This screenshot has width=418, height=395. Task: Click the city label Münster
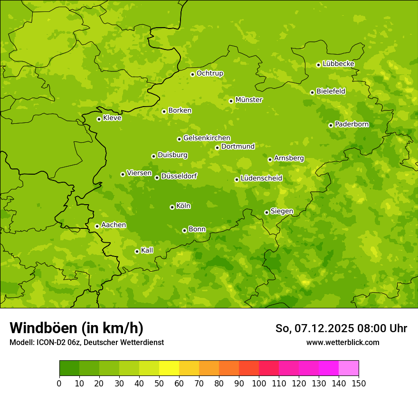point(249,100)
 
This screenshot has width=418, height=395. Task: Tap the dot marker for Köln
point(172,207)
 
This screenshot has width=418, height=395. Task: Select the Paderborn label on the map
point(352,124)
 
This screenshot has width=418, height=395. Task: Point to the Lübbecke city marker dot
point(318,65)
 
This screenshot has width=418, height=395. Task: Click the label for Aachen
point(114,225)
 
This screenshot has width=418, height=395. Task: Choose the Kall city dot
point(137,251)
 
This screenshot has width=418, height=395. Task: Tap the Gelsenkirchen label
point(207,138)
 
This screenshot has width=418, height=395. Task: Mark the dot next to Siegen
point(266,212)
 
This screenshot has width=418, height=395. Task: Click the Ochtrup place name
point(210,73)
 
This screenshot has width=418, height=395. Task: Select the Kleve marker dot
point(99,119)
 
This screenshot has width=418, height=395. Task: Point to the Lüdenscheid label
point(261,178)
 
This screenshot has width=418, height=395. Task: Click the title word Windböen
point(43,328)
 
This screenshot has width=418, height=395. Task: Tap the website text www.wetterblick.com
point(343,342)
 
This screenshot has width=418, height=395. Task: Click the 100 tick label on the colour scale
point(259,383)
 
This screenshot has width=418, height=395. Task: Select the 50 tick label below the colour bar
point(159,383)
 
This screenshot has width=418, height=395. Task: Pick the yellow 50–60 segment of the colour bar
point(169,368)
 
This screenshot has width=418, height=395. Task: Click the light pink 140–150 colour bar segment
point(349,368)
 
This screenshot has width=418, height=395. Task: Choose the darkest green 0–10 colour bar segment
point(69,368)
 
